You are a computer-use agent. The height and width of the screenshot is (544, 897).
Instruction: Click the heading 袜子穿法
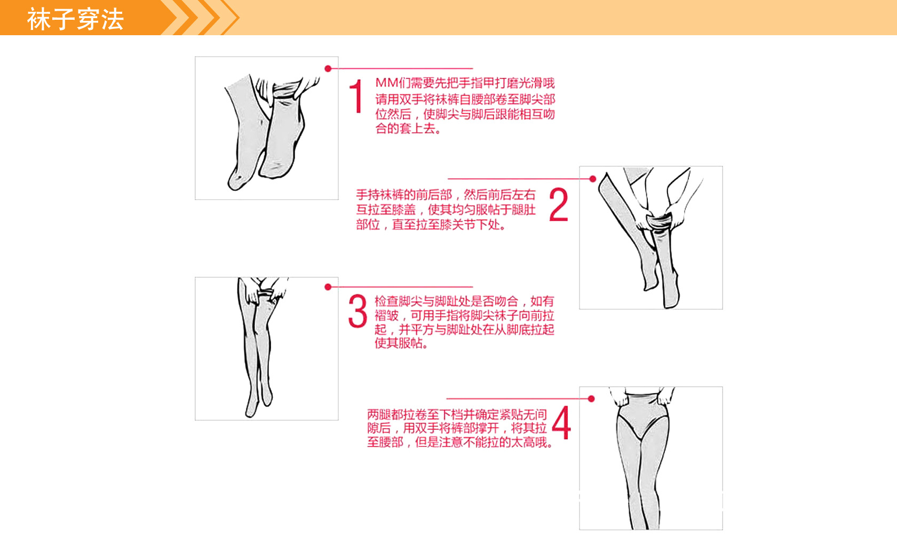coord(75,19)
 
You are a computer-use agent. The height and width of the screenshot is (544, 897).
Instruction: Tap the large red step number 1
coord(356,97)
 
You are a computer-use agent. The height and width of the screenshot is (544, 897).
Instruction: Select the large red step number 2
coord(558,205)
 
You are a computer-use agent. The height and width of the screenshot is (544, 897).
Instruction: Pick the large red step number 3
coord(358,311)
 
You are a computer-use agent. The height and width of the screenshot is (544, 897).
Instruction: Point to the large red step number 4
coord(561,422)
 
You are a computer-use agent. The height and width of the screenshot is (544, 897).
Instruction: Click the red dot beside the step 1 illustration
coord(328,68)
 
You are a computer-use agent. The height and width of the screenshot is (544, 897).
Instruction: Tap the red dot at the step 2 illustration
coord(592,179)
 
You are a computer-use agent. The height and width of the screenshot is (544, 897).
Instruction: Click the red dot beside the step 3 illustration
coord(328,287)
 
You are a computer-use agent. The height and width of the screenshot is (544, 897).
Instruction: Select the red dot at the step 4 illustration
coord(591,398)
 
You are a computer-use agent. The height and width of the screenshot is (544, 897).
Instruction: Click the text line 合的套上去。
coord(408,129)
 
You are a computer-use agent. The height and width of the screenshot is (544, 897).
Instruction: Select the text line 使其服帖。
coord(401,343)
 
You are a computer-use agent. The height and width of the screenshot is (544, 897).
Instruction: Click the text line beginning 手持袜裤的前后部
coord(446,195)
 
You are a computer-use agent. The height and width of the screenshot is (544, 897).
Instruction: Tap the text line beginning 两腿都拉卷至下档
coord(457,414)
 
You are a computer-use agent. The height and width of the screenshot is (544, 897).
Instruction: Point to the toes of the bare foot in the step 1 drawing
coord(235,182)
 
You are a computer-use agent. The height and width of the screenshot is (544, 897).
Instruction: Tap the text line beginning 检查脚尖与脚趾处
coord(464,301)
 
